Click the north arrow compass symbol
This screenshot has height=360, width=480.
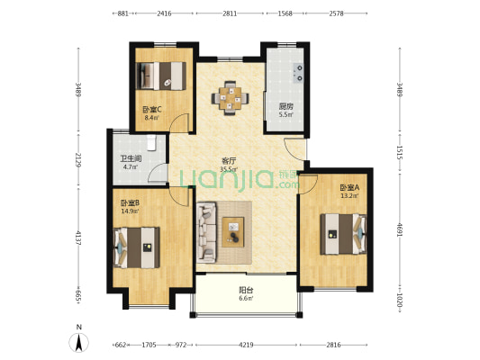pos(79,342)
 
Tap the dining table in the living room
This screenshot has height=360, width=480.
pos(230,98)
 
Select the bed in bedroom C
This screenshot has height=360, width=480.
pos(161,76)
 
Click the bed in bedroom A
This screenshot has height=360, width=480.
pos(343,234)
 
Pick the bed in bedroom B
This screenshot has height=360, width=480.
pos(137,247)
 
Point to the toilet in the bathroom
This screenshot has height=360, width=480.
pos(151,143)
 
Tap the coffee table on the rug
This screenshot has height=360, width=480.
pos(233,232)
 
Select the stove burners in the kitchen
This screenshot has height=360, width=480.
pos(298,73)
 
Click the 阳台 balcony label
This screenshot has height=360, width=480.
pos(246,289)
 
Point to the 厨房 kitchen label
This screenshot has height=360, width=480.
pos(285,106)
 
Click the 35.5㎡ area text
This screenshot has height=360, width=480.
pos(229,169)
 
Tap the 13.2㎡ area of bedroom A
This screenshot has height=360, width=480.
pos(349,196)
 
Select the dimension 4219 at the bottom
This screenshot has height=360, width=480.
pos(246,345)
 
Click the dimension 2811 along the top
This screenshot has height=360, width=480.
pos(230,13)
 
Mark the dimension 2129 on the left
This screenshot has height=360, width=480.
pos(78,160)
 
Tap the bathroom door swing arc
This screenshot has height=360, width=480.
pos(157,173)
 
